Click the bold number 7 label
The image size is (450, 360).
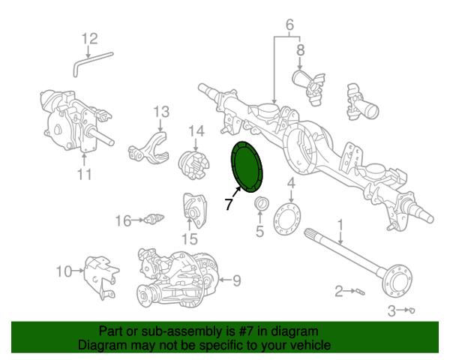point(229,204)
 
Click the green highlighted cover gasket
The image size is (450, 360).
point(246,166)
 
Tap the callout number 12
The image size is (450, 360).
point(90,39)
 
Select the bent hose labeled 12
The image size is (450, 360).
point(92,64)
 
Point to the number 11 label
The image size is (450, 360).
point(85,174)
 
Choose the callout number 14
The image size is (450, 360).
point(196,131)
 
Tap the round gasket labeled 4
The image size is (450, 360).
point(288,219)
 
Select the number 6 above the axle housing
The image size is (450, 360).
point(289,25)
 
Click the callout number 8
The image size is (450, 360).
point(300,50)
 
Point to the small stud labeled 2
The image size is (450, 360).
point(360,292)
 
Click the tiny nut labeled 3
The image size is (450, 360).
point(412,310)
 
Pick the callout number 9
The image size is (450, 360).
point(236,280)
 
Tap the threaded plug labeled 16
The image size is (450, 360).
point(154,219)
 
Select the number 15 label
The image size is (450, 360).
point(190,238)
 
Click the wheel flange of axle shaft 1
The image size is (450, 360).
point(399,280)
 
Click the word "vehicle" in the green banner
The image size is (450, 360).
point(310,344)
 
